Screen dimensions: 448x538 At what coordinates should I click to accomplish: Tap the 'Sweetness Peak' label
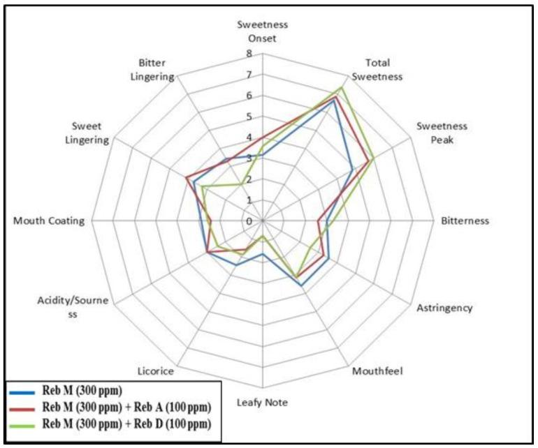[x=442, y=133]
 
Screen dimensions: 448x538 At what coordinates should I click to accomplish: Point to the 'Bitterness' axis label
[x=465, y=221]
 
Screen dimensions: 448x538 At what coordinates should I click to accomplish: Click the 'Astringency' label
[x=444, y=308]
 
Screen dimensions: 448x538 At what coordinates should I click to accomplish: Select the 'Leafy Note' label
[x=262, y=403]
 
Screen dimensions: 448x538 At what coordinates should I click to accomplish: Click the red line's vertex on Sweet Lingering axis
[x=186, y=179]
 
